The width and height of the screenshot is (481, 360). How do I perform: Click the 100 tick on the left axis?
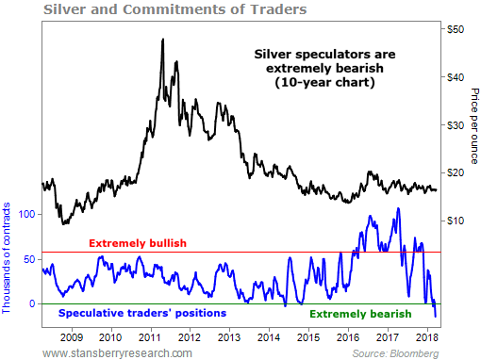coord(25,214)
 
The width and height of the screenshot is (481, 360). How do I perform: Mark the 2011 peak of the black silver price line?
coord(163,40)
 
